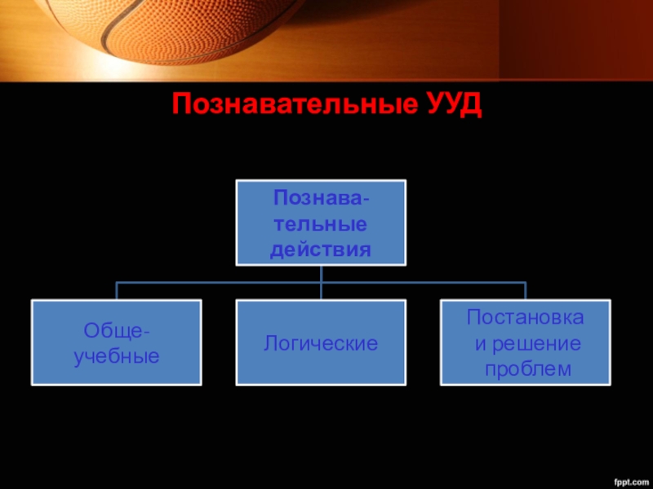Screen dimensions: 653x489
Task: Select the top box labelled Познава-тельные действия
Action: tap(320, 222)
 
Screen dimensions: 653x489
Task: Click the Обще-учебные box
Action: tap(116, 342)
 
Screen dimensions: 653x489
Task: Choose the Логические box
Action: tap(320, 342)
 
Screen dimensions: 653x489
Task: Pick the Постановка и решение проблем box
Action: tap(525, 342)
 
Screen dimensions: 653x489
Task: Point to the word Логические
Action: tap(320, 343)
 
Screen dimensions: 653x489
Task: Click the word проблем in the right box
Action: tap(525, 369)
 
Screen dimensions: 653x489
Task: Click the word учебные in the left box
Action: tap(116, 356)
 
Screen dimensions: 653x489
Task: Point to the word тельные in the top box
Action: tap(320, 222)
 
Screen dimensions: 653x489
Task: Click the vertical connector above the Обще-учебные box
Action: tap(117, 291)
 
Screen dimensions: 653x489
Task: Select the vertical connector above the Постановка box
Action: tap(525, 291)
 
